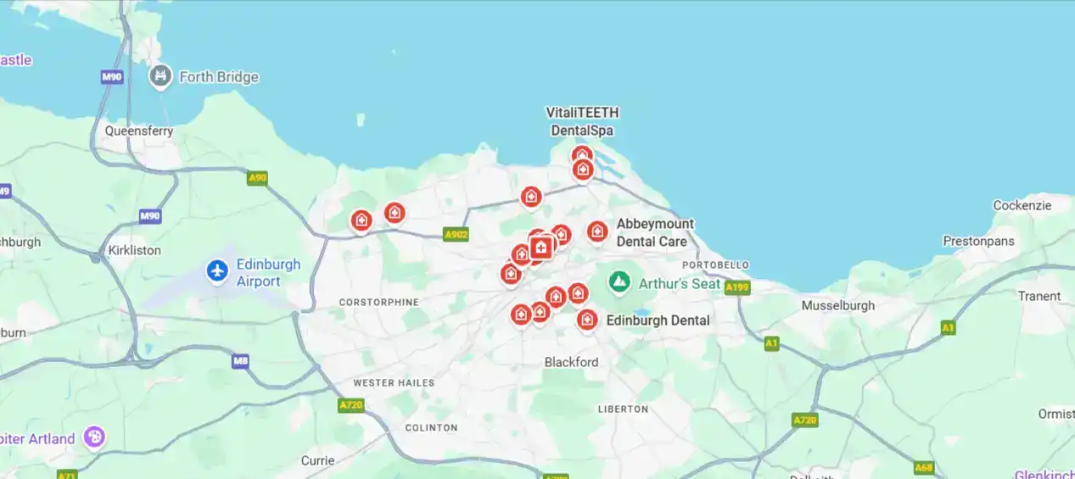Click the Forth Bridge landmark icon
[x=160, y=76]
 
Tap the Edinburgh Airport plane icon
[x=218, y=271]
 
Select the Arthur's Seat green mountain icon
[x=620, y=281]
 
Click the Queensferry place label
[x=139, y=131]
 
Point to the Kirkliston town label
[x=135, y=250]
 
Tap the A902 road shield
[x=456, y=235]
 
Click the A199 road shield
[x=737, y=287]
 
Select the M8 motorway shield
[x=241, y=362]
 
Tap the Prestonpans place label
[x=978, y=241]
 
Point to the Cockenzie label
[x=1022, y=205]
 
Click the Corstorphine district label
[x=378, y=302]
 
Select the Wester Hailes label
[x=394, y=383]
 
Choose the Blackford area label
[x=571, y=362]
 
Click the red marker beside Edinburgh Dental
[x=587, y=320]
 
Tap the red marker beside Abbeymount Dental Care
[x=597, y=231]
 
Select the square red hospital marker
[x=541, y=248]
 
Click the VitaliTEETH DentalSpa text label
[x=582, y=121]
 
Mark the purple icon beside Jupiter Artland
[x=95, y=437]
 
